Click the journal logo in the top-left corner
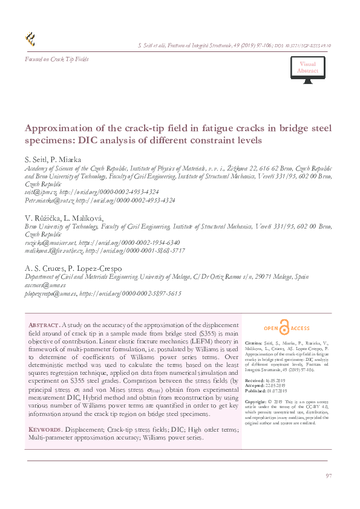pyautogui.click(x=30, y=40)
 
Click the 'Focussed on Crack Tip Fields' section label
pyautogui.click(x=56, y=59)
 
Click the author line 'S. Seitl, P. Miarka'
pyautogui.click(x=57, y=160)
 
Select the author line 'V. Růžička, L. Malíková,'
pyautogui.click(x=64, y=218)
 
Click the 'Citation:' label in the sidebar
pyautogui.click(x=254, y=342)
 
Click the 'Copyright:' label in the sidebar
pyautogui.click(x=256, y=401)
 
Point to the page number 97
pyautogui.click(x=329, y=477)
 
